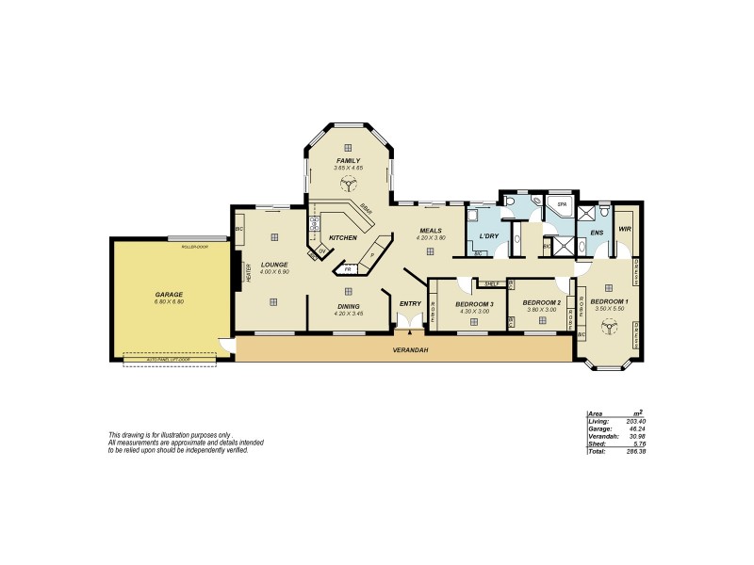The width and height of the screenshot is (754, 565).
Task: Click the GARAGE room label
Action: click(170, 295)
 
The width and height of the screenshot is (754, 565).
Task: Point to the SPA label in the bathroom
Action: click(562, 203)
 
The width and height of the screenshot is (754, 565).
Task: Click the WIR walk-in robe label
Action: click(624, 229)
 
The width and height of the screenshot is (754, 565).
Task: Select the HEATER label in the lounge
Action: click(249, 273)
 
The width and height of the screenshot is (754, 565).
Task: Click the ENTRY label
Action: click(409, 303)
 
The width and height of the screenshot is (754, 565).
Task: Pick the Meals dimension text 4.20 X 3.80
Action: click(431, 237)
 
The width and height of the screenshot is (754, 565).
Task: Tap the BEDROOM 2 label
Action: click(544, 302)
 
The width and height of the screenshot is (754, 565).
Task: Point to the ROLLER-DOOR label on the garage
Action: click(194, 245)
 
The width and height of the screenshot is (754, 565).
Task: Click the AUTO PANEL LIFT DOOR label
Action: click(170, 360)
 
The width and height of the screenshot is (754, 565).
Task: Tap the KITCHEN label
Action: click(342, 237)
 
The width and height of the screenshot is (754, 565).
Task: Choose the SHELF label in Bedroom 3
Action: click(489, 283)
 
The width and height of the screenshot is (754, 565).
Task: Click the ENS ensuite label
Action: click(596, 233)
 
